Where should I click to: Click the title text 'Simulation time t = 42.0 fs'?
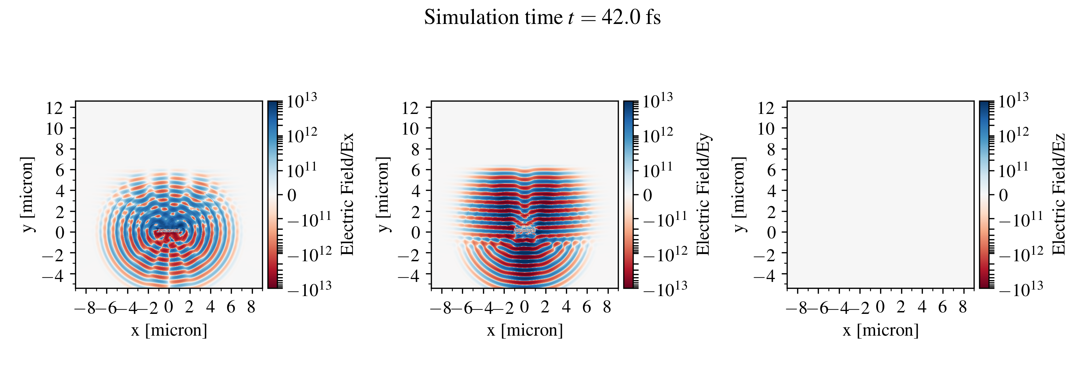point(542,18)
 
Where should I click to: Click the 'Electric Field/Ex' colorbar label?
point(347,194)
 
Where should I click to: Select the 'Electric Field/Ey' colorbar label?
point(703,194)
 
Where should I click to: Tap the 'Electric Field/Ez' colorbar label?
point(1059,194)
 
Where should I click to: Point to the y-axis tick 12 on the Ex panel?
point(54,108)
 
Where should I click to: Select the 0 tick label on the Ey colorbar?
point(647,195)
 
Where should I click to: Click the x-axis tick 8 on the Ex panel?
point(251,307)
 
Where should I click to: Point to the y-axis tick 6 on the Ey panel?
point(416,170)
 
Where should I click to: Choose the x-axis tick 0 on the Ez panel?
point(880,307)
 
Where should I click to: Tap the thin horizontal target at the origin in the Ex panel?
point(169,231)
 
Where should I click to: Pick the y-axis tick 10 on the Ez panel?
point(766,128)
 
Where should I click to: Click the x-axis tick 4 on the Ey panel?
point(566,307)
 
